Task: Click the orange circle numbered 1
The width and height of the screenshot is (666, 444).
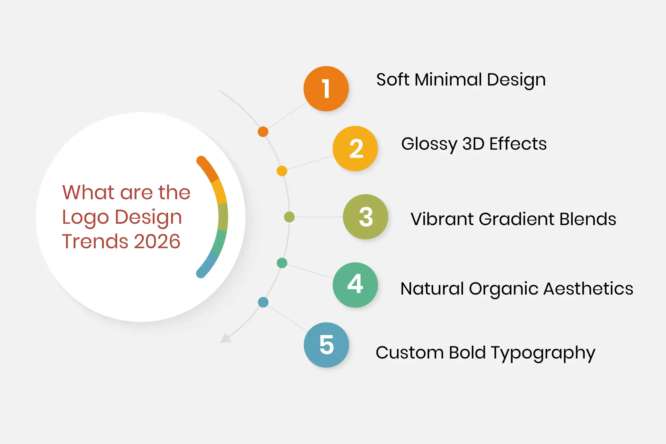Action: pyautogui.click(x=326, y=89)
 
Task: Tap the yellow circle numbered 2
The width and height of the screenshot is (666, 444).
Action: pyautogui.click(x=355, y=148)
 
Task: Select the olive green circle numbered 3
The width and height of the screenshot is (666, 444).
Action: pyautogui.click(x=365, y=217)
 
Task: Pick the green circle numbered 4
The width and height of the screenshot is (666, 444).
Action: pyautogui.click(x=355, y=285)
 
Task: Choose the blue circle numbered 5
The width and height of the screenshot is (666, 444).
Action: pyautogui.click(x=326, y=345)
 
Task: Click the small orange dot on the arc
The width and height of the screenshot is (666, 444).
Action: pyautogui.click(x=263, y=132)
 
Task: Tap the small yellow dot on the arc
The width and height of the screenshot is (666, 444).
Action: pyautogui.click(x=282, y=171)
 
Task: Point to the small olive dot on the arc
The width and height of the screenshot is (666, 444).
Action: pyautogui.click(x=289, y=217)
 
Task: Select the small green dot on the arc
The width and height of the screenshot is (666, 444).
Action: pyautogui.click(x=282, y=263)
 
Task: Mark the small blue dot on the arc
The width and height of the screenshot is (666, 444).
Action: pyautogui.click(x=263, y=302)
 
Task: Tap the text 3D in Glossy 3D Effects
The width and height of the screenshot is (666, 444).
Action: pyautogui.click(x=473, y=144)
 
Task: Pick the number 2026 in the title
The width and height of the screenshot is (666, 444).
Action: pyautogui.click(x=157, y=241)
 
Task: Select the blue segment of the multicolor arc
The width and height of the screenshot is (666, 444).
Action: pyautogui.click(x=208, y=265)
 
